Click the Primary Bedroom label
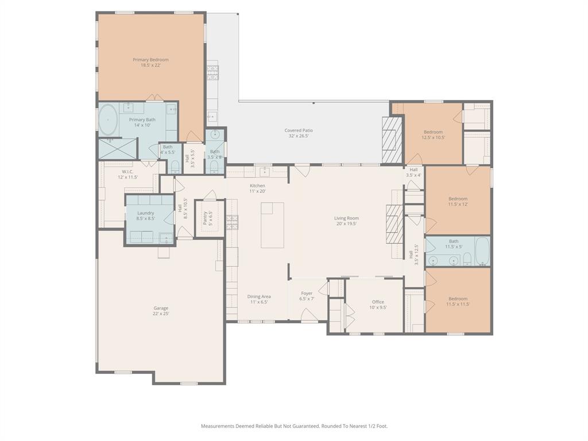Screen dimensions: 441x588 pos(150,60)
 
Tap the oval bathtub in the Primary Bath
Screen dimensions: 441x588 pos(109,121)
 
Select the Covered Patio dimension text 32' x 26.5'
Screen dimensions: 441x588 pos(299,136)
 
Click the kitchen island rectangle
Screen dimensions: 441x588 pos(272,225)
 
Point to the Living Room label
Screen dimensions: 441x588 pos(346,218)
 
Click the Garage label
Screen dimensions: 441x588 pos(161,308)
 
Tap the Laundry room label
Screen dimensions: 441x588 pos(145,213)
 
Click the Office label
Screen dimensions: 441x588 pos(378,301)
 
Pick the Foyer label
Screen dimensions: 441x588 pos(307,293)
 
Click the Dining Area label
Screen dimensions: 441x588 pos(259,296)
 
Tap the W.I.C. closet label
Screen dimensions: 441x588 pos(127,172)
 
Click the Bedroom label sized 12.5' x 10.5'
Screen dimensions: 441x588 pos(433,132)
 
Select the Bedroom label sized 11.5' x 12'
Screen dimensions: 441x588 pos(458,199)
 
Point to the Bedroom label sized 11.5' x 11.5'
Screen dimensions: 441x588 pos(458,299)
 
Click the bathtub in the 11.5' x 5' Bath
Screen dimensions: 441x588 pos(481,252)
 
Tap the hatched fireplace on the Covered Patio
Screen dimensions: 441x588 pos(393,140)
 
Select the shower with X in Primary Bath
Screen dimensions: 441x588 pos(118,149)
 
